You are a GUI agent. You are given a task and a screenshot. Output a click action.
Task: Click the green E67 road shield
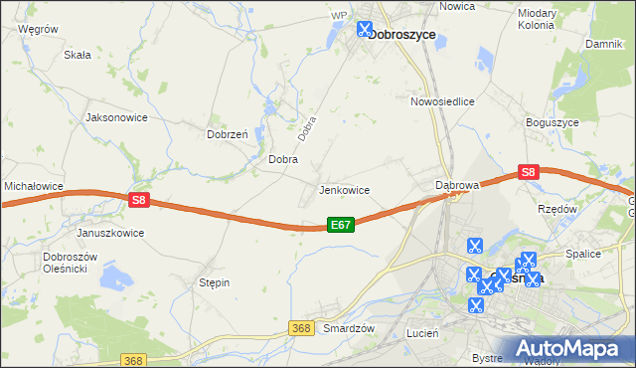point(340,226)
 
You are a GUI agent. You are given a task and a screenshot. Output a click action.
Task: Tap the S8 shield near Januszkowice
point(139,200)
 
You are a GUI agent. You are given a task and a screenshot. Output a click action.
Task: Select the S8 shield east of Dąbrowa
point(528,172)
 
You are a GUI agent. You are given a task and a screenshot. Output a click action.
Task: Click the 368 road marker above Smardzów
point(303,327)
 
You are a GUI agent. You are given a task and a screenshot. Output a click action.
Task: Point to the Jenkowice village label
point(344,189)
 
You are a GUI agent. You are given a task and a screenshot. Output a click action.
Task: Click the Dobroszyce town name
point(402,33)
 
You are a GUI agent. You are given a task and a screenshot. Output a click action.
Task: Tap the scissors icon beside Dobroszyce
point(365,29)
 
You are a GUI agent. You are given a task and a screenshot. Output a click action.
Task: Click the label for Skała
point(78,56)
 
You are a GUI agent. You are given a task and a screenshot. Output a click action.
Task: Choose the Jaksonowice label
point(117,116)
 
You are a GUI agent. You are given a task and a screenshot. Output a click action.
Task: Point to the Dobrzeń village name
point(227,133)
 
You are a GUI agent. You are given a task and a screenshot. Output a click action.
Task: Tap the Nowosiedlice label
point(442,101)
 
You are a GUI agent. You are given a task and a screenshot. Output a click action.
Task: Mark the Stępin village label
point(215,282)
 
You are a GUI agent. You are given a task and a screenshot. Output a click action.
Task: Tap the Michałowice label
point(34,186)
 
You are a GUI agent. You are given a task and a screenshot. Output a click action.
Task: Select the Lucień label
point(422,334)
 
